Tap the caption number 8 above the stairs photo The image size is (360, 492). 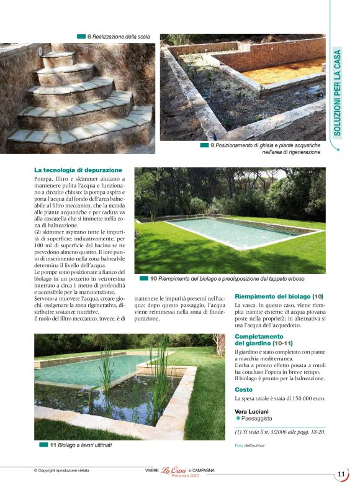[x=89, y=37]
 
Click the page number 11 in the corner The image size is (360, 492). [x=341, y=475]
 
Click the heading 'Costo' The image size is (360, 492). [x=244, y=389]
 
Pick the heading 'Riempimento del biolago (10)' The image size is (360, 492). [x=279, y=297]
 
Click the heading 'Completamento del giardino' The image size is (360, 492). [x=264, y=340]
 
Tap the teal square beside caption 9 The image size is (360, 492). [x=204, y=145]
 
